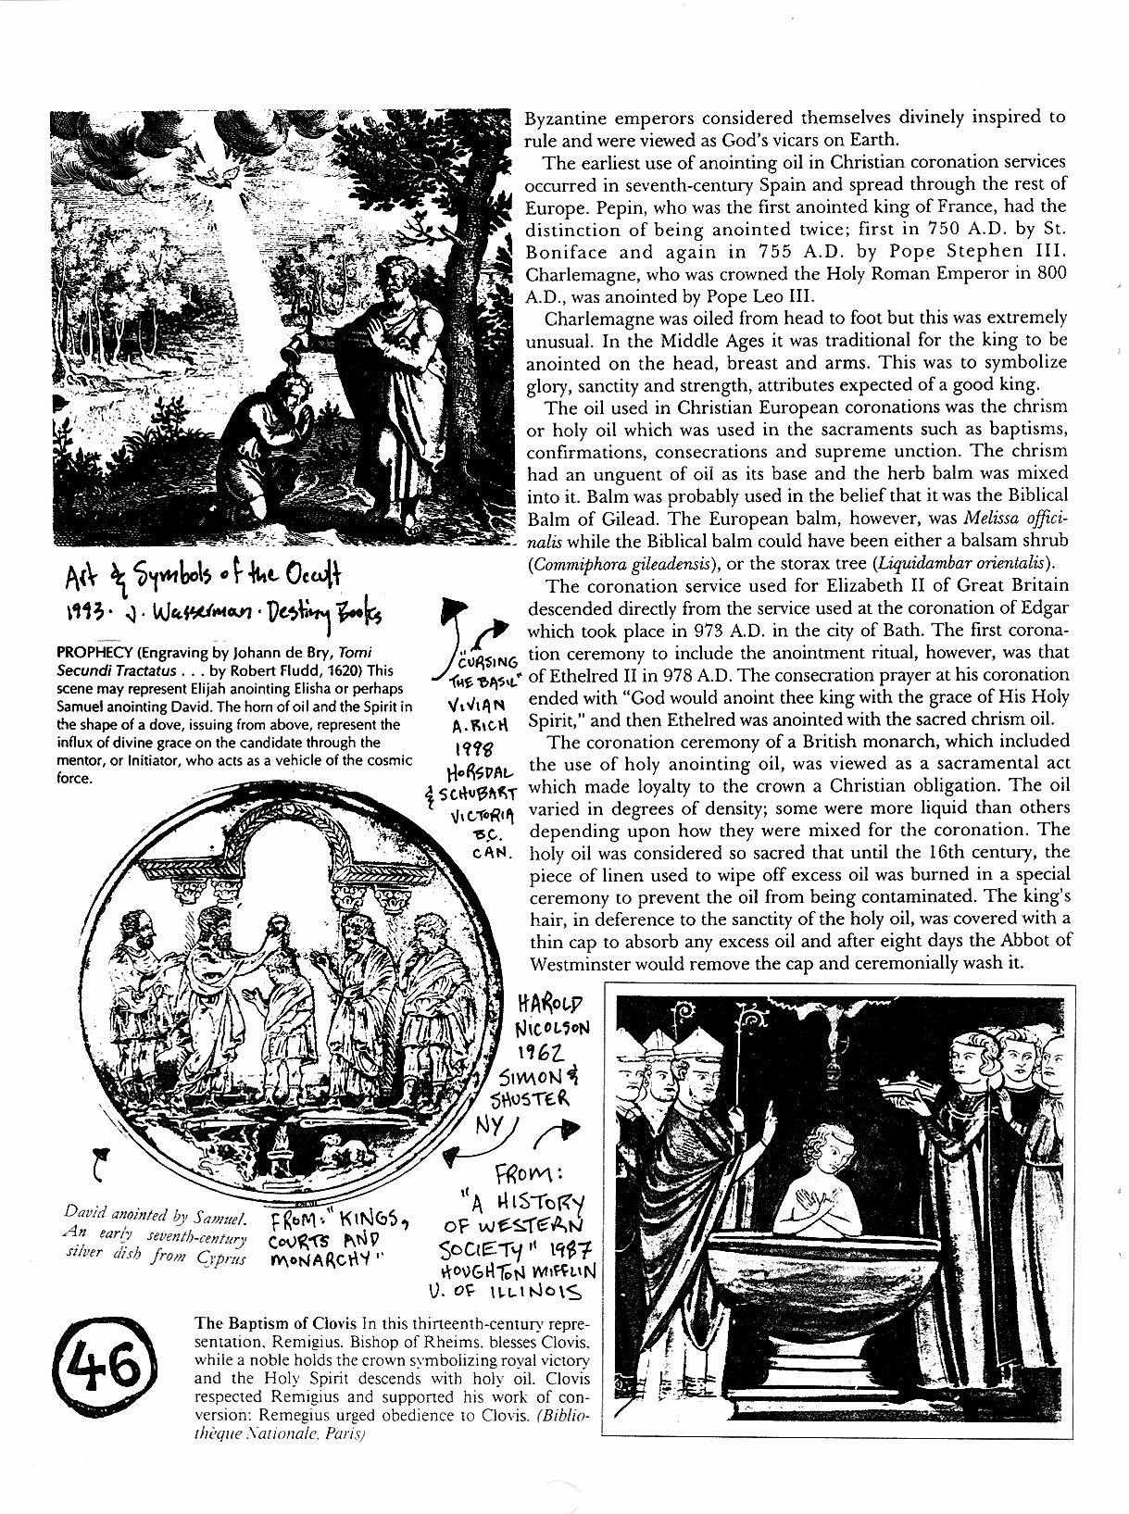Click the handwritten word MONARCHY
coord(323,1259)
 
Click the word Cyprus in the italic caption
coord(221,1258)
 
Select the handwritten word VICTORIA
coord(475,818)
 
